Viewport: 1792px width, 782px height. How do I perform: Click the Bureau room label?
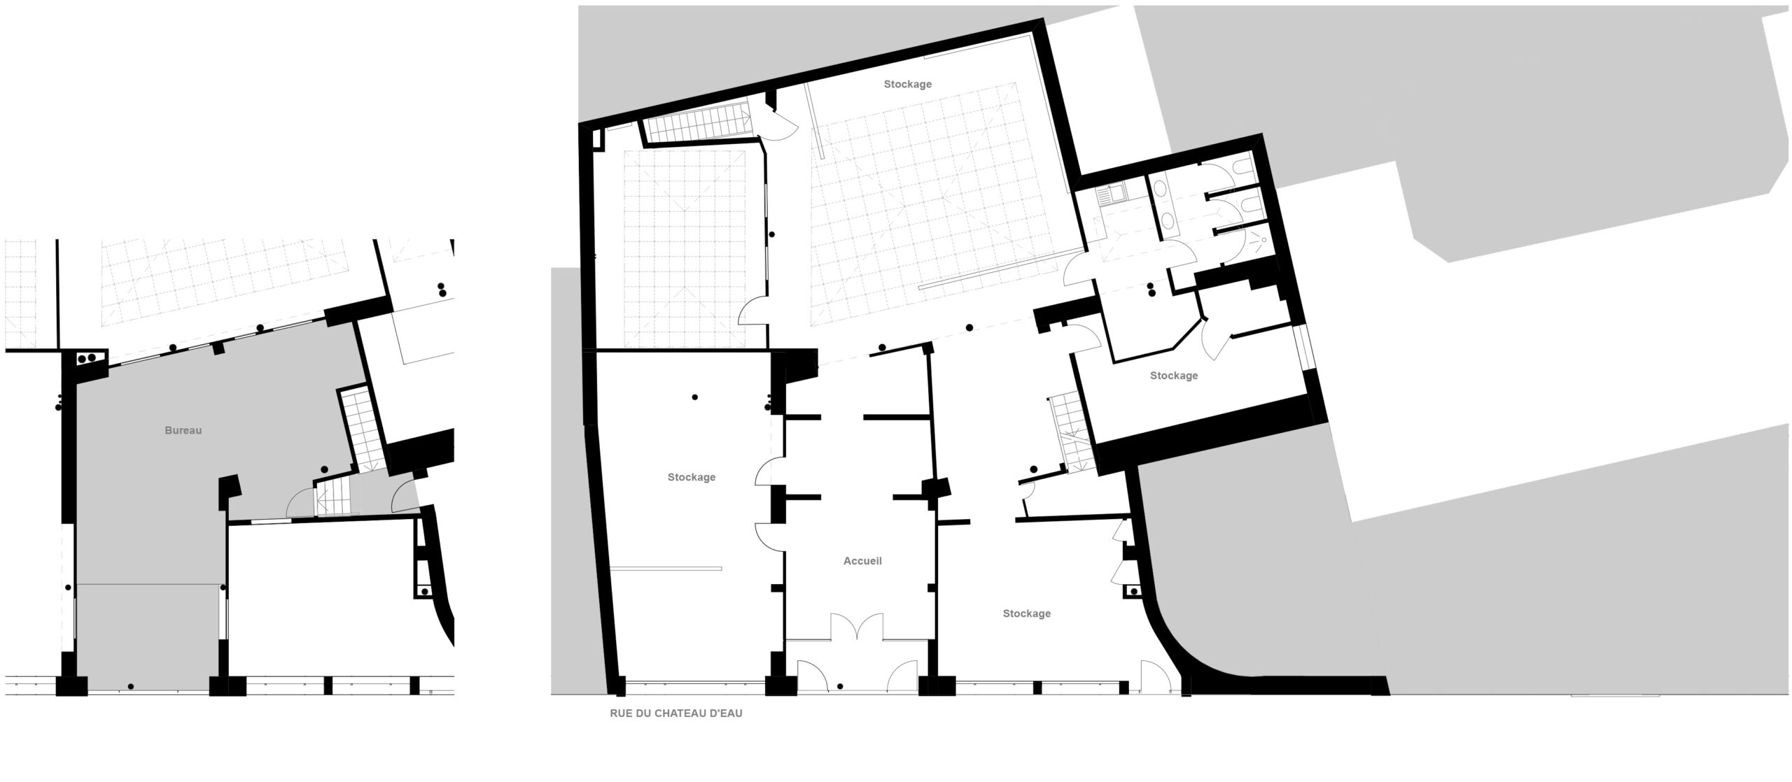(x=183, y=431)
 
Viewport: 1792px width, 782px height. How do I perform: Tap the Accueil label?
(x=862, y=561)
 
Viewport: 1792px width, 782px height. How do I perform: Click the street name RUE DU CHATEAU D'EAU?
(x=676, y=714)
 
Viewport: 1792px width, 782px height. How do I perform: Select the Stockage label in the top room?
(x=907, y=84)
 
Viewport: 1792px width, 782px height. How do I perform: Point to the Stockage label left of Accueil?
(x=691, y=477)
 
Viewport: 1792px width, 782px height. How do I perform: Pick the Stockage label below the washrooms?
(x=1174, y=376)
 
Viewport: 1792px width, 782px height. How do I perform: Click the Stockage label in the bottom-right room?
(x=1026, y=613)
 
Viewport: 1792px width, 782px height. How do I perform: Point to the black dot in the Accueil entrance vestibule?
(x=839, y=686)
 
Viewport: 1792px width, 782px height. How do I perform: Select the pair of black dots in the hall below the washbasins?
(x=1151, y=289)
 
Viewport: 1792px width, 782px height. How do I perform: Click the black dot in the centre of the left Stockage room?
(x=694, y=397)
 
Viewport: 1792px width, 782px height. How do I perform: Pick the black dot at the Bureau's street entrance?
(x=131, y=686)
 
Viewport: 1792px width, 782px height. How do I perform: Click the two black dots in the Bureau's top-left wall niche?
(x=87, y=358)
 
